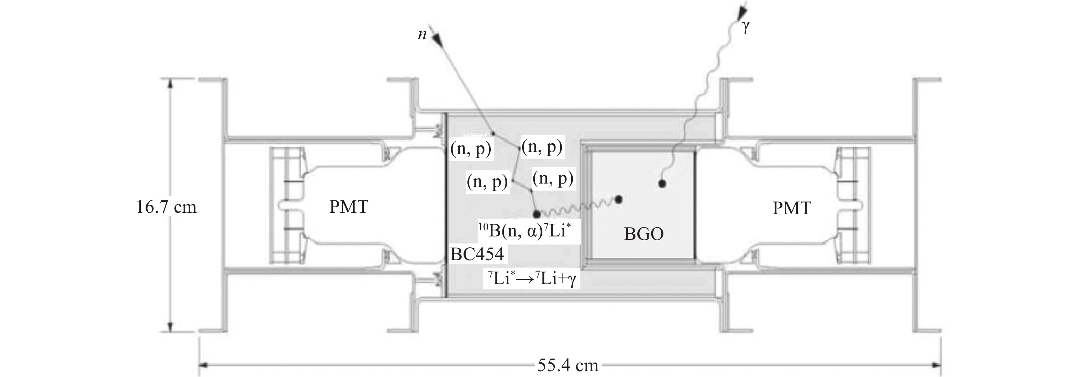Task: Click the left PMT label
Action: tap(349, 207)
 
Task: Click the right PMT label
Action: tap(792, 208)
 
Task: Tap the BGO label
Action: tap(644, 234)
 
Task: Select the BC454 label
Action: tap(477, 254)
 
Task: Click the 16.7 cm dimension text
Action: tap(167, 207)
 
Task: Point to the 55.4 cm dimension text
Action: tap(568, 365)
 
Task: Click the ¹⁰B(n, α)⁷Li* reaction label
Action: tap(524, 230)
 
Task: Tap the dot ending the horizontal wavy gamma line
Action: tap(618, 200)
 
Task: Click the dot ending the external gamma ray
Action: tap(662, 183)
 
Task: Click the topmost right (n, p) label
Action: tap(542, 147)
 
